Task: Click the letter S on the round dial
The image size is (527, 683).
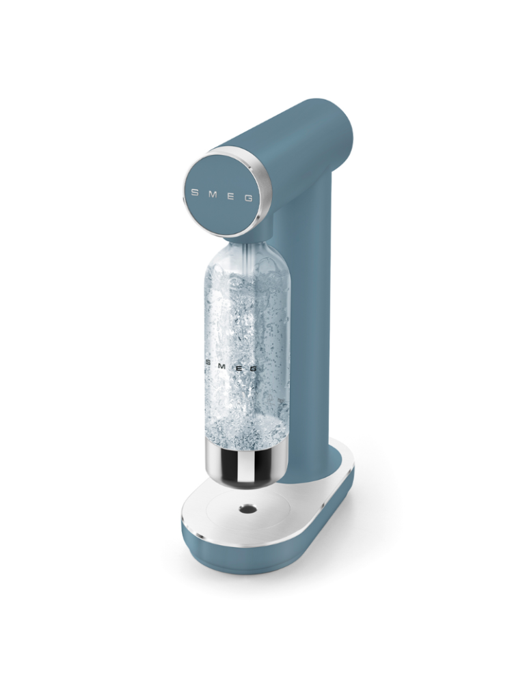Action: point(195,193)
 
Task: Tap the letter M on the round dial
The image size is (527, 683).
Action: point(213,194)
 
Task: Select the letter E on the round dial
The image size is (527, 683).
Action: point(230,197)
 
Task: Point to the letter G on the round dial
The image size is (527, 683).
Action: point(248,198)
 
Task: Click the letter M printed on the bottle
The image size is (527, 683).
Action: point(222,366)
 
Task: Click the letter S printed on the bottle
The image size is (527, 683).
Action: point(208,364)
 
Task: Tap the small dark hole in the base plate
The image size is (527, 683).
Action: point(247,508)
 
